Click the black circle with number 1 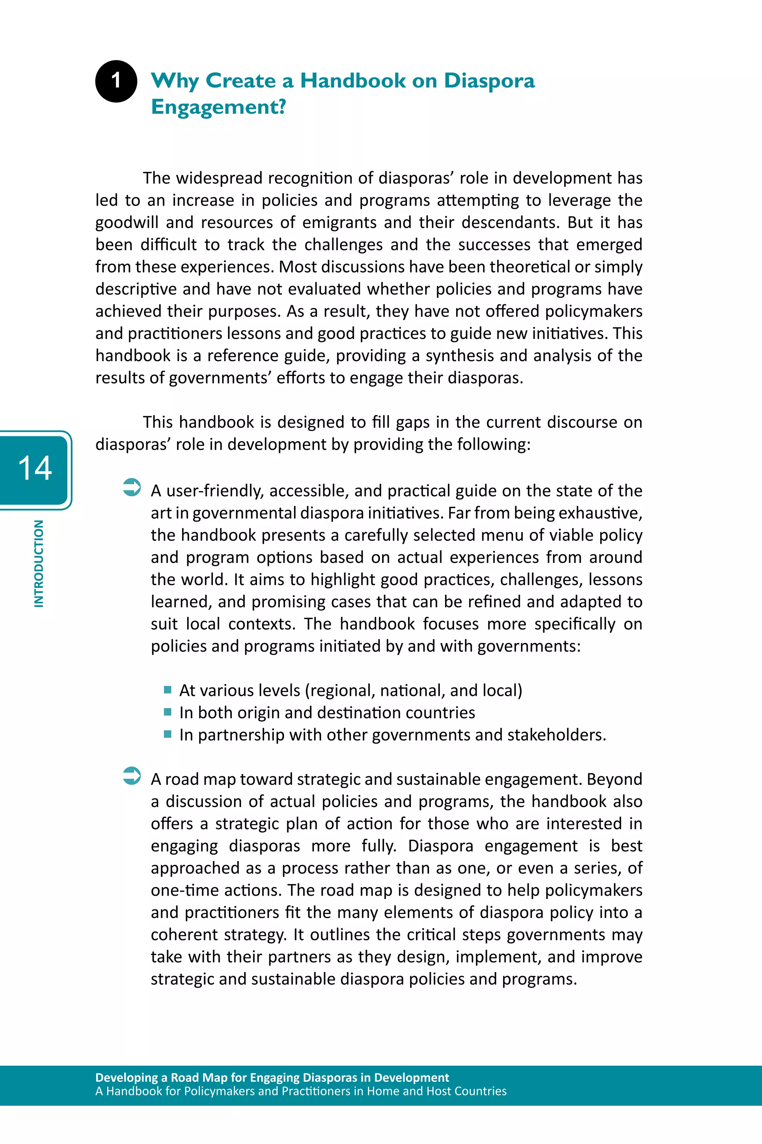(116, 81)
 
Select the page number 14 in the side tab (35, 469)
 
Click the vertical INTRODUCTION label (39, 564)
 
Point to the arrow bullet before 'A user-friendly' (132, 488)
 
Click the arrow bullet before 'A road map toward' (132, 776)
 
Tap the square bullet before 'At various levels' (168, 689)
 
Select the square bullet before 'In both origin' (168, 712)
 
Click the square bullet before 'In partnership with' (168, 734)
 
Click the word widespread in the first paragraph (219, 178)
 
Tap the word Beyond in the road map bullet (614, 780)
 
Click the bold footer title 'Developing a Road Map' (272, 1077)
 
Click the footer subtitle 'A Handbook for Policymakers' (300, 1091)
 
